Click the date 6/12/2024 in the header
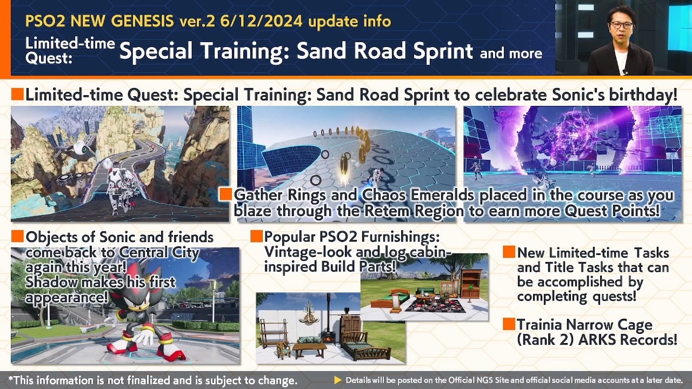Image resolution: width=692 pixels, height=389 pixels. (261, 21)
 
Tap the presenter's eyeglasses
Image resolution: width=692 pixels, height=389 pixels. (621, 25)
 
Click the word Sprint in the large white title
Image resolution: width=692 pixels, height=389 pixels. (443, 51)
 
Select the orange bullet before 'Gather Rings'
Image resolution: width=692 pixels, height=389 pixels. (226, 194)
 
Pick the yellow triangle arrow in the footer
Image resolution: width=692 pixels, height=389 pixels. (338, 380)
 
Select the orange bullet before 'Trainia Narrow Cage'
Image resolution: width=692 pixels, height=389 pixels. (509, 324)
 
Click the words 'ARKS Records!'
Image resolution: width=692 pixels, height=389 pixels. (628, 340)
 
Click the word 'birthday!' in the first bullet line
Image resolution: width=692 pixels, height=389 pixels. (643, 95)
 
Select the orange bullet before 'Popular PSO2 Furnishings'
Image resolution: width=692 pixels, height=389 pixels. (256, 236)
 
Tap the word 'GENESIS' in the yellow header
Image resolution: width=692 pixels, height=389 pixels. (142, 21)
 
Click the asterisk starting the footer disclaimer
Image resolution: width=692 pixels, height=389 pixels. (11, 378)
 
